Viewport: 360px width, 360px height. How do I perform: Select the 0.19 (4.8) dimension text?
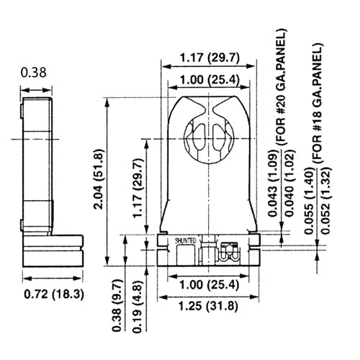pos(138,305)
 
